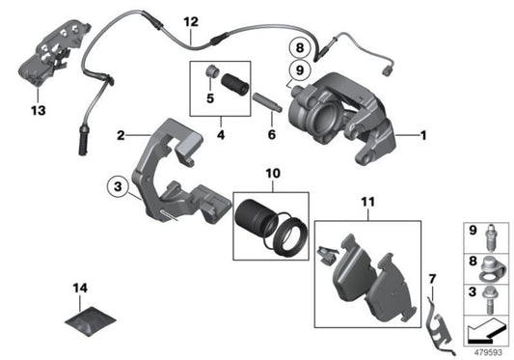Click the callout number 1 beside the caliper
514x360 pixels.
pyautogui.click(x=425, y=136)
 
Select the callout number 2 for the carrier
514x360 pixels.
pyautogui.click(x=120, y=135)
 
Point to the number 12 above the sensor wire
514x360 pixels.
pyautogui.click(x=190, y=21)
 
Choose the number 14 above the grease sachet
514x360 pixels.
pyautogui.click(x=78, y=288)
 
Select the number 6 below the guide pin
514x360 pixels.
pyautogui.click(x=271, y=135)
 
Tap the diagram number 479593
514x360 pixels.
pyautogui.click(x=487, y=351)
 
